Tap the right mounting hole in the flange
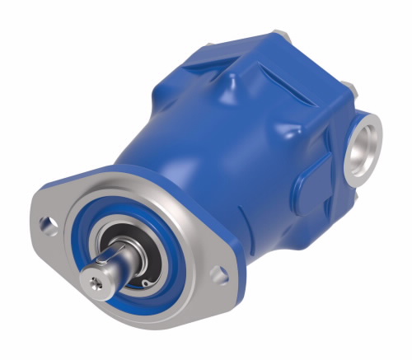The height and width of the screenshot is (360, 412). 220,274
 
